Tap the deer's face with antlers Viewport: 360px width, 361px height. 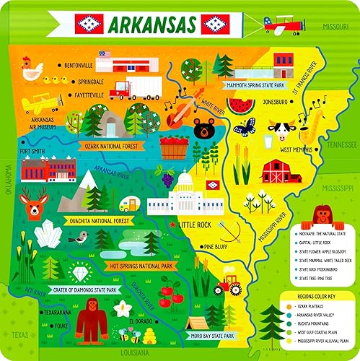[33, 203]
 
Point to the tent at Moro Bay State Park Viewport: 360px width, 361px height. [198, 323]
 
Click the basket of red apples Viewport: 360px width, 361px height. [174, 147]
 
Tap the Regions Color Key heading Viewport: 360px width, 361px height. [320, 296]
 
